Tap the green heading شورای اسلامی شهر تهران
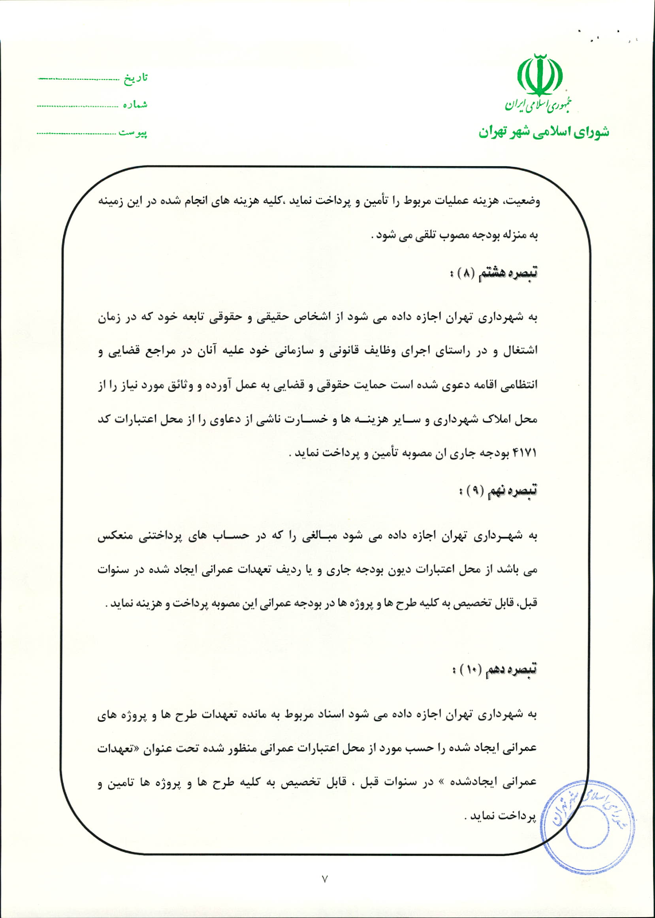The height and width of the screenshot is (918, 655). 544,132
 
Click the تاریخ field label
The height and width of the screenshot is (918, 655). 136,78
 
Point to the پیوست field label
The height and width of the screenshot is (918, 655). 133,133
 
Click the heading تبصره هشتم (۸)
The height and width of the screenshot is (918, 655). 493,273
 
